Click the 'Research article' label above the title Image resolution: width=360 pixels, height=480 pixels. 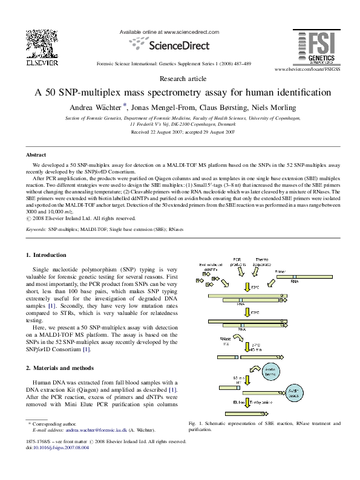[180, 79]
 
